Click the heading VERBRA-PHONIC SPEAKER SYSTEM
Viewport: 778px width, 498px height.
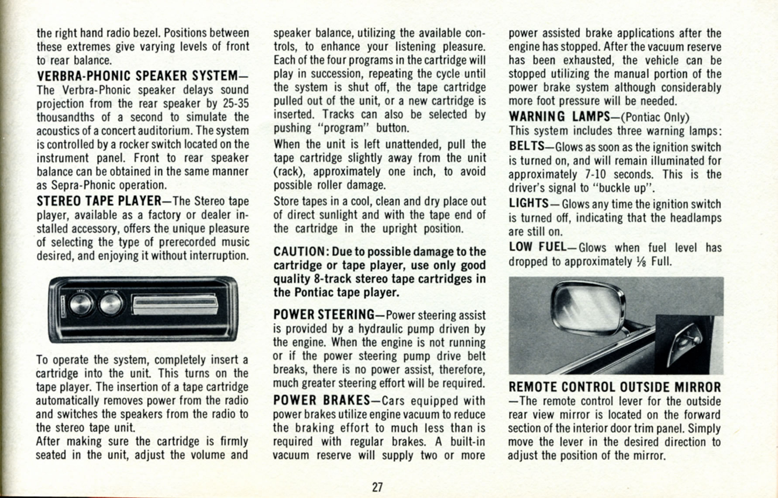138,76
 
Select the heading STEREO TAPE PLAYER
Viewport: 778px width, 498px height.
99,201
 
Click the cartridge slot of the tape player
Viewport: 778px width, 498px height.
175,304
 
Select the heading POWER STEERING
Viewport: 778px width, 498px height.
324,315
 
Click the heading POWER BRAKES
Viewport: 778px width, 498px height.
321,401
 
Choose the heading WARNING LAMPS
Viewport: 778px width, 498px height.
559,117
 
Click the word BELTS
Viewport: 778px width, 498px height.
527,146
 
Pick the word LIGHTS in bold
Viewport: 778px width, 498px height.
528,204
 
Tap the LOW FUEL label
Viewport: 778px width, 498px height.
537,247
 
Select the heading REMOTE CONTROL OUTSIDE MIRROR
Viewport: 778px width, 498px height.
614,387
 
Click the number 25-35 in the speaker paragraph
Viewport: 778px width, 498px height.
235,104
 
